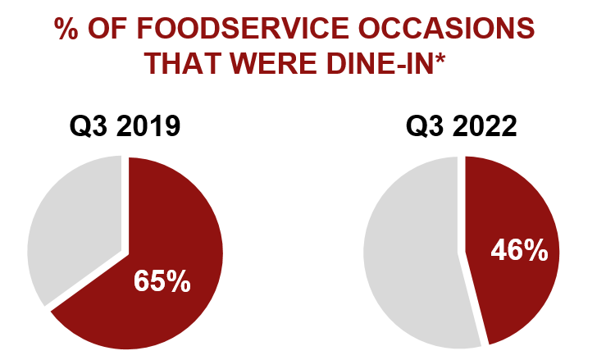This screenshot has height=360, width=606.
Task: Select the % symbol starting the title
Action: coord(67,30)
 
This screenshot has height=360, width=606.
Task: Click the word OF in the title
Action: coord(111,30)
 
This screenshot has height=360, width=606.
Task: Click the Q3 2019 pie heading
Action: coord(125,127)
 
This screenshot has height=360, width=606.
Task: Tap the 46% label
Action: coord(518,250)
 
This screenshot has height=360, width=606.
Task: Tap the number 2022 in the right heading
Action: coord(486,127)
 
